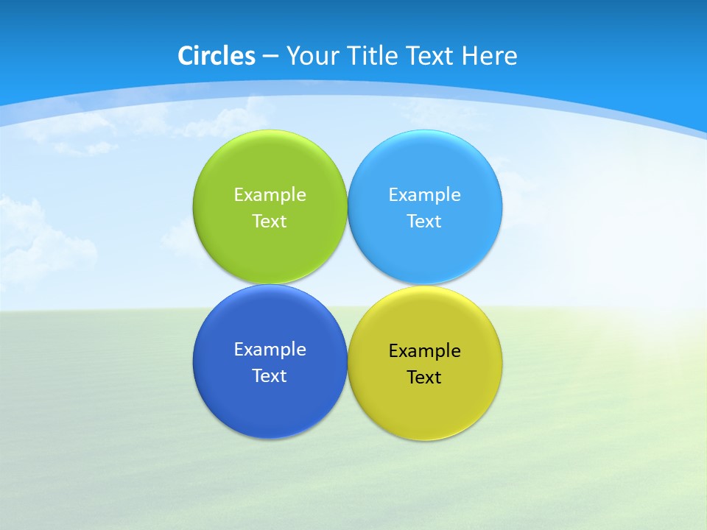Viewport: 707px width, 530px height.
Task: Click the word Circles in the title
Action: pyautogui.click(x=217, y=56)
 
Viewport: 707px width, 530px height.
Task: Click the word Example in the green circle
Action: pyautogui.click(x=270, y=195)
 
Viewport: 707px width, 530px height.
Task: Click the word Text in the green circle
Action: pyautogui.click(x=270, y=222)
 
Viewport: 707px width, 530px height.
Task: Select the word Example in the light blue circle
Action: pyautogui.click(x=425, y=195)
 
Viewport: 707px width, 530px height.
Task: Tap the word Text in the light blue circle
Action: pyautogui.click(x=424, y=222)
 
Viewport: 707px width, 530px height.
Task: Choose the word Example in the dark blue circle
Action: pyautogui.click(x=270, y=350)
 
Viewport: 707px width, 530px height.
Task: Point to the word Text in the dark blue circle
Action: pyautogui.click(x=270, y=376)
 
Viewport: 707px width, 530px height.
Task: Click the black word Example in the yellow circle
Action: pyautogui.click(x=425, y=351)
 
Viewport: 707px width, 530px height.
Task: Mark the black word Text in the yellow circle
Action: pyautogui.click(x=424, y=378)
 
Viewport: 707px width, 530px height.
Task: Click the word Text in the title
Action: pyautogui.click(x=430, y=56)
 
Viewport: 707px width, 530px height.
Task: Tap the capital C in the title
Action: pyautogui.click(x=186, y=56)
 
